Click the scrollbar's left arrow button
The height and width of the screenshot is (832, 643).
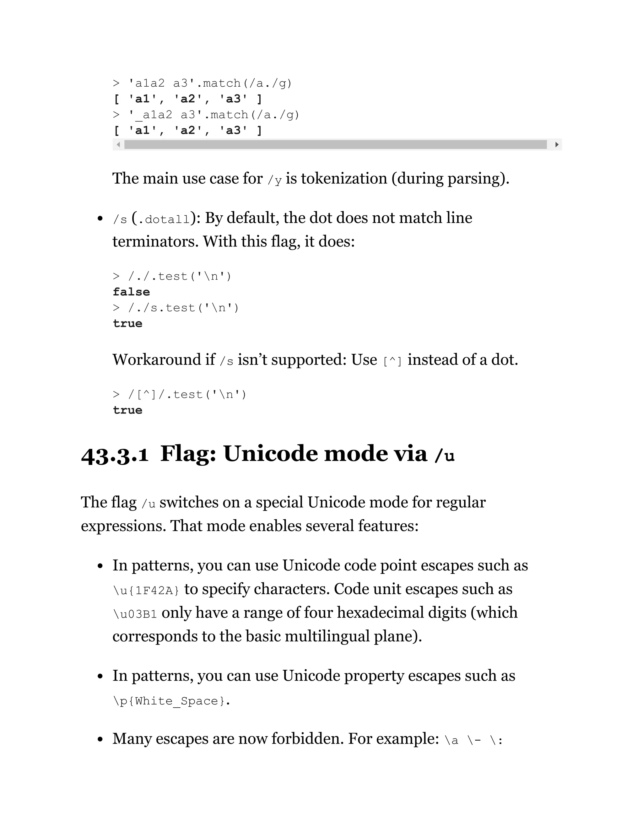tap(118, 144)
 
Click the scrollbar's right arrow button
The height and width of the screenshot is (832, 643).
tap(557, 144)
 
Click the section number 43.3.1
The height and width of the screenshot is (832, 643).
tap(115, 455)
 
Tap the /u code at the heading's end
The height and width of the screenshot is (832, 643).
tap(444, 455)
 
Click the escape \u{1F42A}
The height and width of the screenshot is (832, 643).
tap(146, 591)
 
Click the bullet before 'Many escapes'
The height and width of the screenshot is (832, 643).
tap(100, 739)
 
